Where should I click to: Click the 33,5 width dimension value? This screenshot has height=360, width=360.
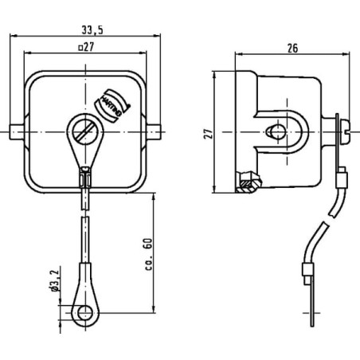92,30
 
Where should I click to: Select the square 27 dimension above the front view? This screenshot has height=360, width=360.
86,47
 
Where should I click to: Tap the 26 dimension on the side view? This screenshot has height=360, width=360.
292,49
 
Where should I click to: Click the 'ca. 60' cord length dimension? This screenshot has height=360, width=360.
149,254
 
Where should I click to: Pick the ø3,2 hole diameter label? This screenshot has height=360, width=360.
54,281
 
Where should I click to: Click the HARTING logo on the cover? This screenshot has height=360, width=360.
112,105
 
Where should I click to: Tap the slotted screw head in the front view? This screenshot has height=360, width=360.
85,131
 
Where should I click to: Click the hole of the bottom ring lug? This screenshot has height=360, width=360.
85,312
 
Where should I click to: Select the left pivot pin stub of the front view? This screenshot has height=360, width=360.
17,132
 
